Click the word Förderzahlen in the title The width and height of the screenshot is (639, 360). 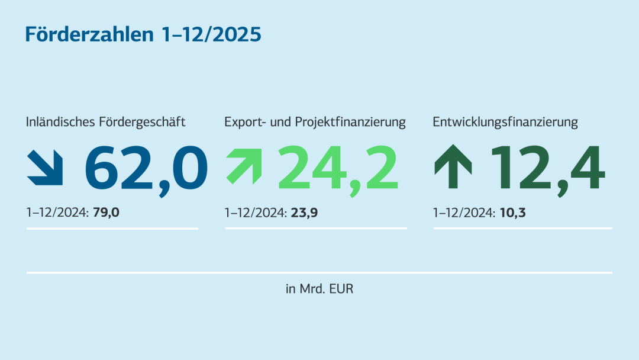pos(89,34)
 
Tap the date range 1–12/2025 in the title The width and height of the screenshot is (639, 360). pos(211,34)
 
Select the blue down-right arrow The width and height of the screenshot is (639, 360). pos(45,167)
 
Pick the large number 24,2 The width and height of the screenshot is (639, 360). pos(338,168)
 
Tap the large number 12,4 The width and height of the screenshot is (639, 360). pos(547,168)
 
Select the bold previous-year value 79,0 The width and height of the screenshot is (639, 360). pos(106,212)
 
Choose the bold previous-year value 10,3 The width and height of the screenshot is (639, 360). pos(512,212)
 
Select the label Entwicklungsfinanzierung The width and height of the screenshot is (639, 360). pos(505,123)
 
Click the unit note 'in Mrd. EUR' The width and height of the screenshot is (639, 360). pos(319,290)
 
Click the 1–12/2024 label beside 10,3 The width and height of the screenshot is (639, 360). pos(464,212)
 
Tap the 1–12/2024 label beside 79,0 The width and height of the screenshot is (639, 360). pos(57,212)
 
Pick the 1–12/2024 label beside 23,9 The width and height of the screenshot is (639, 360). pos(256,212)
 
